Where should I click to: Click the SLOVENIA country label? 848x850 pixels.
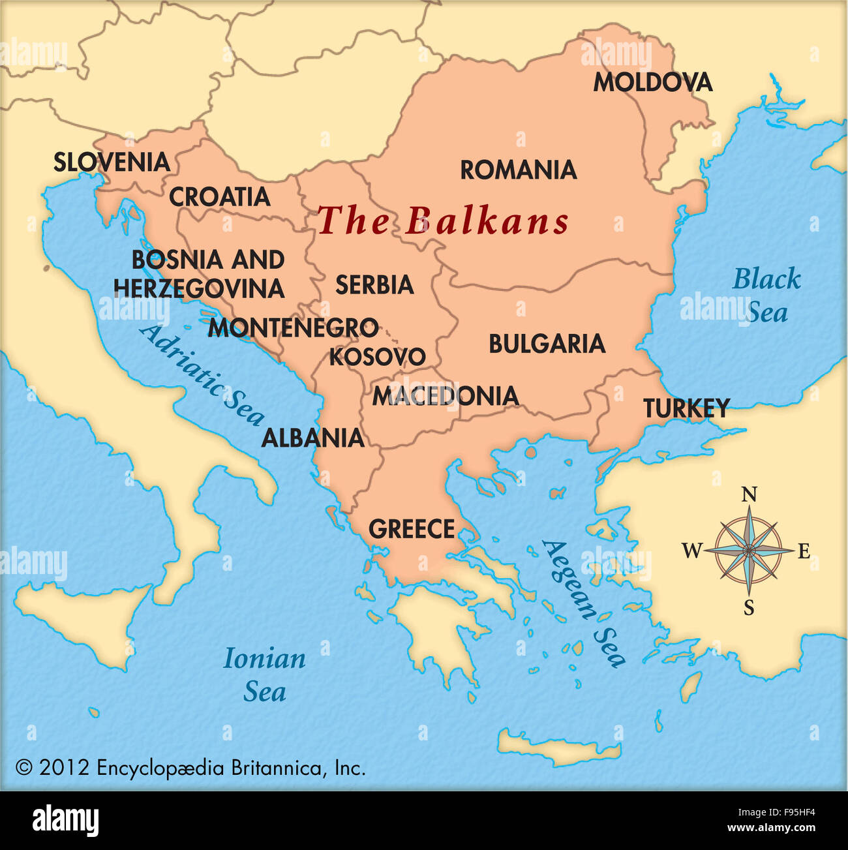112,162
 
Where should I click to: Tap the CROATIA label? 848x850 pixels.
220,197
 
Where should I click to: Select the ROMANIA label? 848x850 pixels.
519,170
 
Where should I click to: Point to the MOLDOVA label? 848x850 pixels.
652,83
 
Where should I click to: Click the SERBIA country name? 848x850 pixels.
374,285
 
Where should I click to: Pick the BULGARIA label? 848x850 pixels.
547,344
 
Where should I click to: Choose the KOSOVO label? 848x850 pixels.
377,357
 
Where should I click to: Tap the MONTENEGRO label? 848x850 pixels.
293,327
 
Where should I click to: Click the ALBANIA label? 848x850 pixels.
312,438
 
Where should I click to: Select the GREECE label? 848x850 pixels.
412,529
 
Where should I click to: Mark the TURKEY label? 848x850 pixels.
686,409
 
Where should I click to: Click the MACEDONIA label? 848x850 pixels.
446,396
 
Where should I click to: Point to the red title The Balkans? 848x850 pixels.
443,221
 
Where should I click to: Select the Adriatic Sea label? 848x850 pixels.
202,374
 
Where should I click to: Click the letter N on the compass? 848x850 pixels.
750,494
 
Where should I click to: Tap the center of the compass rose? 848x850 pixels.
749,551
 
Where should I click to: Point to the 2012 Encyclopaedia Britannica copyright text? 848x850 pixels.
190,768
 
